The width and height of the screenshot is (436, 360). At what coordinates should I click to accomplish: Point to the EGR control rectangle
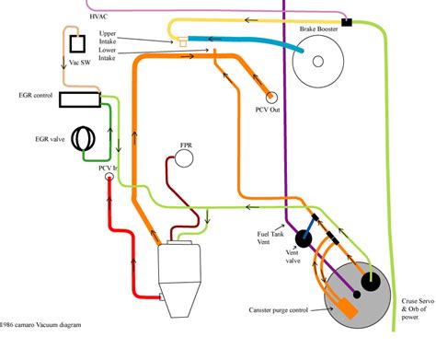79,97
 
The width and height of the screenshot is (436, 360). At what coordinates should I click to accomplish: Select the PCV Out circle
272,97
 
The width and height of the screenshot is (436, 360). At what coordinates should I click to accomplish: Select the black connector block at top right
348,21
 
